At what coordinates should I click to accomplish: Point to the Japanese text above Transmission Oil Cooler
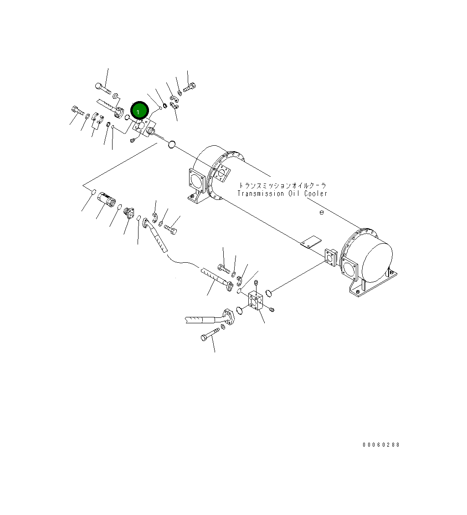(x=282, y=186)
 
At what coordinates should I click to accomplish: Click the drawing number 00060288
(x=381, y=445)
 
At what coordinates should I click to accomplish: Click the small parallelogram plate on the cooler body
(x=311, y=242)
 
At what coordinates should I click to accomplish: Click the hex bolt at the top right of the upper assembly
(x=190, y=87)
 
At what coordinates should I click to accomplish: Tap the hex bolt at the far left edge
(x=76, y=110)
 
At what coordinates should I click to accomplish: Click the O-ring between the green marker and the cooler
(x=171, y=145)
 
